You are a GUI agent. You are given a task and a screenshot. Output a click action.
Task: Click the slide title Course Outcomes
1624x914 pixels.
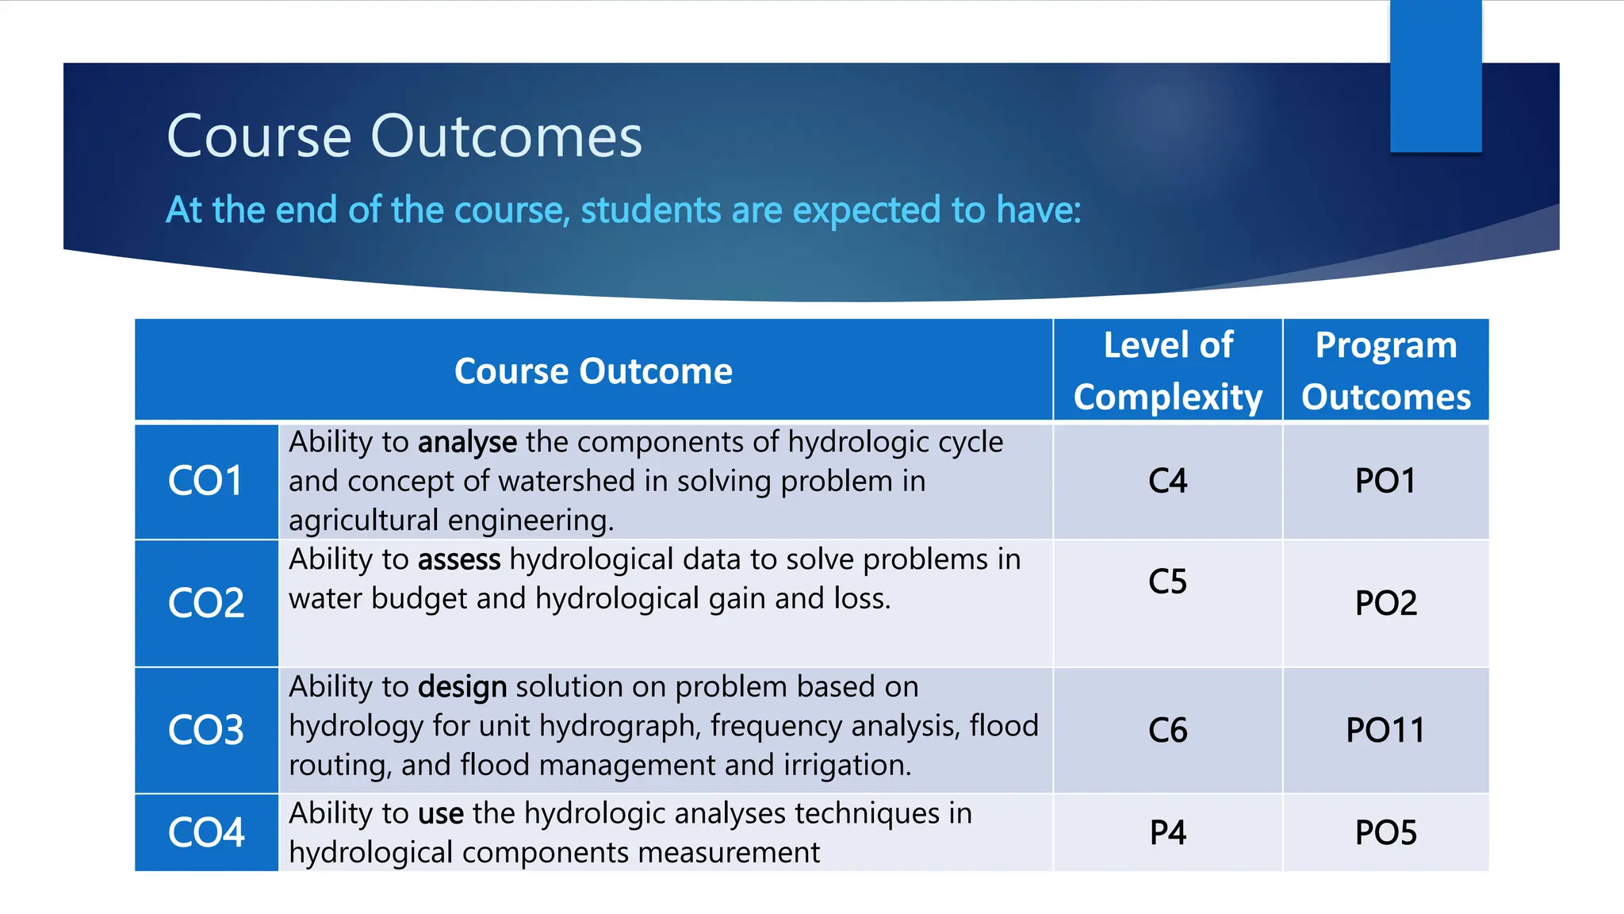[x=404, y=136]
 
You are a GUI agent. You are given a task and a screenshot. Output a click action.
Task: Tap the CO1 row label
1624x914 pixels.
[x=205, y=481]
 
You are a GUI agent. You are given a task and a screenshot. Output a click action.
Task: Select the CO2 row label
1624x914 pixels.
[x=205, y=603]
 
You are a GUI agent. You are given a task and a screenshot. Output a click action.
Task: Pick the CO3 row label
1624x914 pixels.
[x=205, y=730]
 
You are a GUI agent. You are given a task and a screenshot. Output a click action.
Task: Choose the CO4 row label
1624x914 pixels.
[x=205, y=832]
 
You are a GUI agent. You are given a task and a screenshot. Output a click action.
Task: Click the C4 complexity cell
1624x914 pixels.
[x=1167, y=481]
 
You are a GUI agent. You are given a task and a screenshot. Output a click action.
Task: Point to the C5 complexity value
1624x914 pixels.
[x=1167, y=582]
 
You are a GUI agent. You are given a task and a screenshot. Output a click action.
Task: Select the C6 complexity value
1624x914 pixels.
[x=1167, y=730]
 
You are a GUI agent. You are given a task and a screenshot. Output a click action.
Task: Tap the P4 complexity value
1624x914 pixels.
[x=1167, y=832]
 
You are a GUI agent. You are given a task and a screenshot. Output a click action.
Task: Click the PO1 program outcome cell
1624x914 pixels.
[x=1385, y=481]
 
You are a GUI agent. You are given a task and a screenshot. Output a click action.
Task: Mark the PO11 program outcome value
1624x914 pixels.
[x=1385, y=730]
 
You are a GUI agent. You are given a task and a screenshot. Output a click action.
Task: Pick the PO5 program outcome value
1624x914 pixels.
[x=1385, y=832]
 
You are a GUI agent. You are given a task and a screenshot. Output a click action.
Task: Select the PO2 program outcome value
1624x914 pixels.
[x=1385, y=603]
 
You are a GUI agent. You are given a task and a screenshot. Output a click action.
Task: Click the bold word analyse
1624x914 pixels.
[x=467, y=443]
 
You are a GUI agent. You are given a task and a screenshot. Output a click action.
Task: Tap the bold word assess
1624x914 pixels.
[x=459, y=560]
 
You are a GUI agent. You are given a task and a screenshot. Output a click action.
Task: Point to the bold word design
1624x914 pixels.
[x=462, y=687]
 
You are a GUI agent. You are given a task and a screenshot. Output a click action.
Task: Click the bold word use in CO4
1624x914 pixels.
[x=440, y=814]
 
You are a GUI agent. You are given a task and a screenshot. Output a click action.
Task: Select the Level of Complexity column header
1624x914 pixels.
[x=1167, y=371]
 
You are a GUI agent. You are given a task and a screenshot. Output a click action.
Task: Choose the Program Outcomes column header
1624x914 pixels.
[x=1385, y=371]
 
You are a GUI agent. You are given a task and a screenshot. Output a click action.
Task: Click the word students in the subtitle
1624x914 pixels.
[x=650, y=210]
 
